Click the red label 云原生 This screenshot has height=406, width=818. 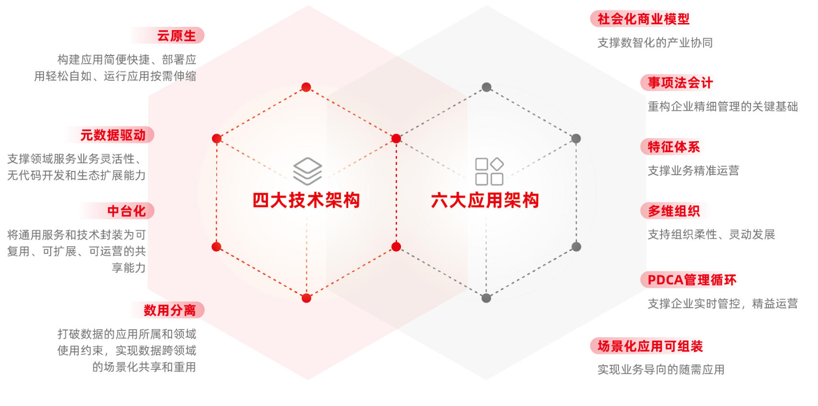coord(177,36)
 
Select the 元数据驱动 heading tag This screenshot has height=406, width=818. coord(113,135)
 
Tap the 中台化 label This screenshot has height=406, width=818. coord(126,211)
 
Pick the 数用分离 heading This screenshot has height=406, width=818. coord(170,310)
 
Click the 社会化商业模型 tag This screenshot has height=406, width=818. coord(643,19)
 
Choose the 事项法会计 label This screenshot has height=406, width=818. coord(680,83)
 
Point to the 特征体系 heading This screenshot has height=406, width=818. coord(674,147)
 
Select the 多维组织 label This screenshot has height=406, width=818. coord(674,211)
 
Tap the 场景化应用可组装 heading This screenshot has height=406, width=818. coord(650,346)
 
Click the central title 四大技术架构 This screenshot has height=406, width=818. coord(306,200)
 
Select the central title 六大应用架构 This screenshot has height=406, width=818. coord(485,200)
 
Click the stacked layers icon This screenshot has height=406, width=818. coord(308,171)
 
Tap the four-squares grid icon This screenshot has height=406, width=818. coord(489,171)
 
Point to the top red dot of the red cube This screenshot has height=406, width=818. coord(306,87)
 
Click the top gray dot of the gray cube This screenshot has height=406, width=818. coord(486,87)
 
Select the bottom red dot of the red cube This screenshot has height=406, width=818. coord(306,298)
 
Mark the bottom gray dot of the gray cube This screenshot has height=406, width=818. coord(486,298)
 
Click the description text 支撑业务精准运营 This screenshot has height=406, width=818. coord(694,171)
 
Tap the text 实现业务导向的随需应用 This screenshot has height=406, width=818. coord(661,370)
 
